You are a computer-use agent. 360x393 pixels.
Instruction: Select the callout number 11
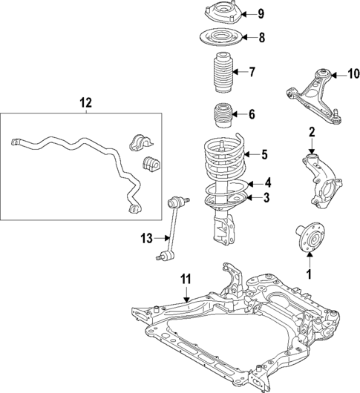click(x=186, y=280)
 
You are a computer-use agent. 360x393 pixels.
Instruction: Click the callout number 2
click(x=312, y=133)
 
